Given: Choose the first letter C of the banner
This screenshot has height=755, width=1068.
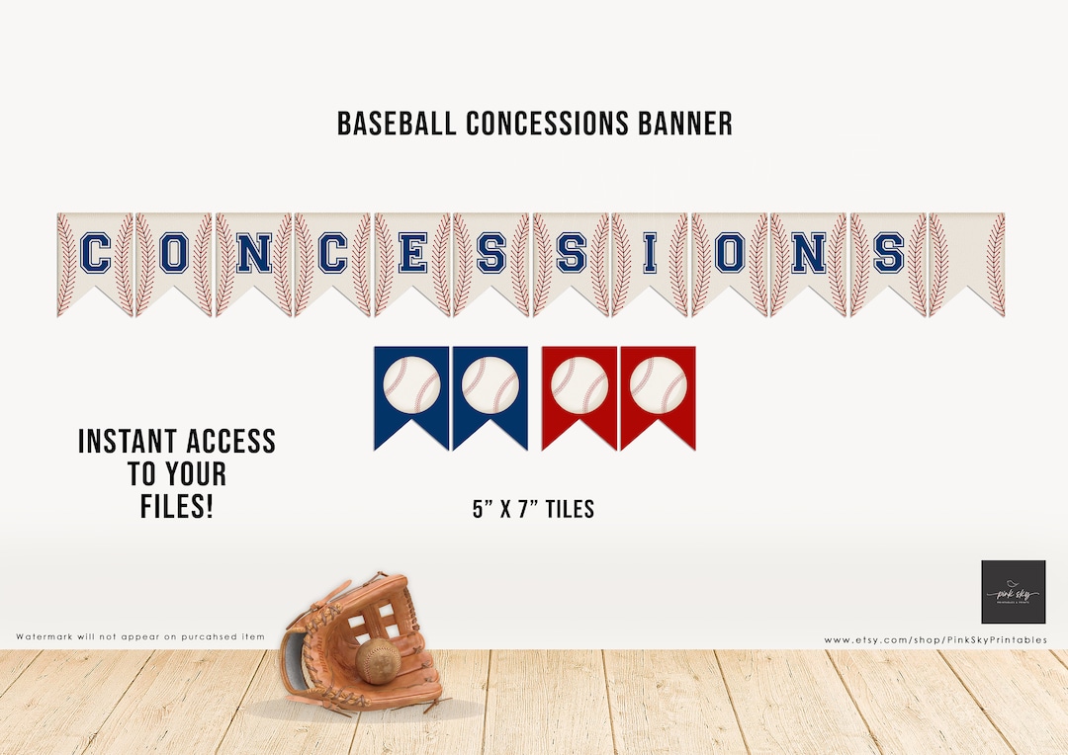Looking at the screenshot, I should pyautogui.click(x=95, y=255).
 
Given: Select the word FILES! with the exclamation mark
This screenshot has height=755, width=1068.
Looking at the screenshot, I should pyautogui.click(x=176, y=507).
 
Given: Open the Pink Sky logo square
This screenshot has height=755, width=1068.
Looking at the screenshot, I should pyautogui.click(x=1013, y=592).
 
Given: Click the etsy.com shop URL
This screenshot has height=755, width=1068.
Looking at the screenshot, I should pyautogui.click(x=934, y=640).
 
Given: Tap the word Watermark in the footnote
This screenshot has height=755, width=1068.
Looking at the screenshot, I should pyautogui.click(x=50, y=636).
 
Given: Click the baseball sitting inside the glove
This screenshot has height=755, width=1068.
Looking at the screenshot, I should pyautogui.click(x=377, y=661).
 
